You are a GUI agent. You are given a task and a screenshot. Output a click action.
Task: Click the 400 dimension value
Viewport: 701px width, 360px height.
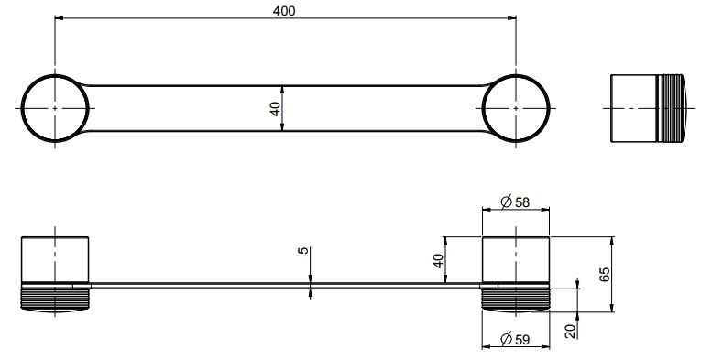(284, 11)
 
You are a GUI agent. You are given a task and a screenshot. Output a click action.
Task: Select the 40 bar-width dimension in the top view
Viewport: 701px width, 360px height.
(276, 108)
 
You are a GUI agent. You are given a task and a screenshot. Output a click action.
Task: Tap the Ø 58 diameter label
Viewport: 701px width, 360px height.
(515, 202)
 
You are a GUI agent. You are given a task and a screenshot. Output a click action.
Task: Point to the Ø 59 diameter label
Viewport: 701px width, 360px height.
(515, 340)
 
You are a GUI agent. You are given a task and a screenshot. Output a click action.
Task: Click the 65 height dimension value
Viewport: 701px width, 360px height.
(604, 274)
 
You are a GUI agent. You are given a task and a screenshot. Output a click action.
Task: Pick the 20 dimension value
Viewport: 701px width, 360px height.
(571, 332)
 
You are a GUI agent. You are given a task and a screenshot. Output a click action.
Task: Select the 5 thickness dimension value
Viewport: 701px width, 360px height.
(303, 251)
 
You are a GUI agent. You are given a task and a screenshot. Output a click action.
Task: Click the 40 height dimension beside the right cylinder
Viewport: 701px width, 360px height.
(438, 260)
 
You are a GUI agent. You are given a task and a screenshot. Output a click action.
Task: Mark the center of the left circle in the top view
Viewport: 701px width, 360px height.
(55, 108)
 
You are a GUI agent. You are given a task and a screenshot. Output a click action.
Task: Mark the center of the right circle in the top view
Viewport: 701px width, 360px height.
(516, 108)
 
